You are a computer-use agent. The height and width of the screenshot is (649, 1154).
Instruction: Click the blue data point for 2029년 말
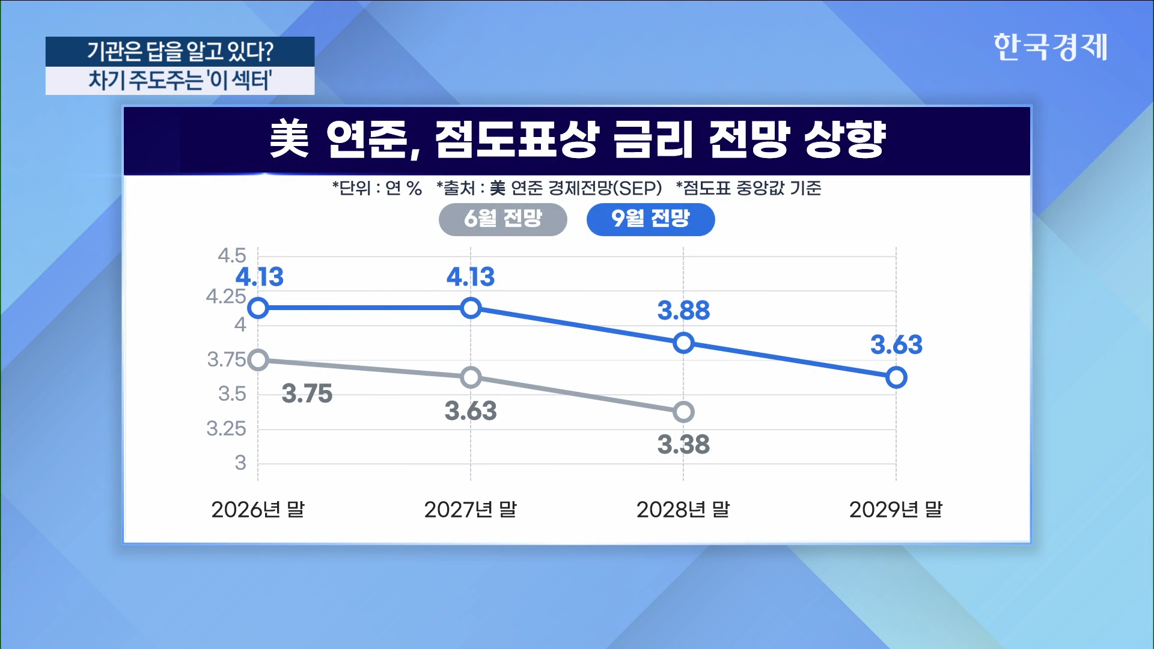(x=896, y=377)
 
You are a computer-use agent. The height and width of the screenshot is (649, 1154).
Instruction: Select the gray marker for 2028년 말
(x=683, y=412)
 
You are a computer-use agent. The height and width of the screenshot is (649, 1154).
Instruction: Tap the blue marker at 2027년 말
(x=471, y=308)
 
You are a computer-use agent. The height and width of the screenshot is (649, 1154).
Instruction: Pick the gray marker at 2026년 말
(x=258, y=360)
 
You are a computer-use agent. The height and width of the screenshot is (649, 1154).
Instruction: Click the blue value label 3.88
(x=683, y=311)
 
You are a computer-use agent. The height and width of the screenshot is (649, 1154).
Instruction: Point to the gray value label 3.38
(x=683, y=445)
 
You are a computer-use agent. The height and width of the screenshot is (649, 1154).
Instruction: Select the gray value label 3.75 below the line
(x=307, y=394)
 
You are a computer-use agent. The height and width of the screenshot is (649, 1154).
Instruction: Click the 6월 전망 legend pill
(x=503, y=219)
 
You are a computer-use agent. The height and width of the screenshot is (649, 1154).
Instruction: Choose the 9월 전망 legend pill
(x=651, y=219)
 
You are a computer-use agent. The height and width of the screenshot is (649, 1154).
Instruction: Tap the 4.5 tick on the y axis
(x=232, y=255)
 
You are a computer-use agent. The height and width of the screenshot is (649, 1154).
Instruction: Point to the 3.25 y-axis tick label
(x=227, y=428)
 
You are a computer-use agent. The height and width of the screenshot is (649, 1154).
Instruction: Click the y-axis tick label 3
(x=240, y=463)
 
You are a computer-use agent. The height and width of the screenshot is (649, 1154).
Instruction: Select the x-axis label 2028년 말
(x=683, y=510)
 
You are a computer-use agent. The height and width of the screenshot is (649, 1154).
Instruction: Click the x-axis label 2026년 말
(x=258, y=510)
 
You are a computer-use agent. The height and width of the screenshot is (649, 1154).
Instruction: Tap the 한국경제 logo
(x=1050, y=47)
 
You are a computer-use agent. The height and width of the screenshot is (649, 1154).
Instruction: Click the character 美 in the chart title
(x=289, y=139)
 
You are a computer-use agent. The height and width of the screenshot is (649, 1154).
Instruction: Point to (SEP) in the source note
(x=641, y=188)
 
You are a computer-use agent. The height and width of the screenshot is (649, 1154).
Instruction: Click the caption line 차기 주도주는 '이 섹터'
(x=180, y=80)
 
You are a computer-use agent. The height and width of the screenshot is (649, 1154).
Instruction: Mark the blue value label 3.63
(x=896, y=345)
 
